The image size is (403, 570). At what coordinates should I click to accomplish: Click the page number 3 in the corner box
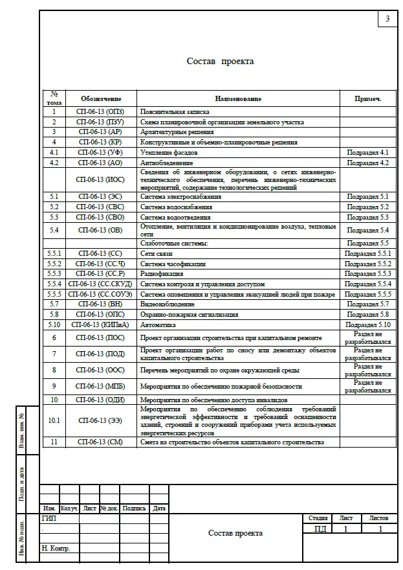[x=387, y=19]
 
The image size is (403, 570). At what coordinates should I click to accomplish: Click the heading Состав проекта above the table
[x=220, y=62]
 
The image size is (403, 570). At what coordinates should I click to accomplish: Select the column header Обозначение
[x=101, y=99]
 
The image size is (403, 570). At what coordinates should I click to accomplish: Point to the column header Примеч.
[x=367, y=99]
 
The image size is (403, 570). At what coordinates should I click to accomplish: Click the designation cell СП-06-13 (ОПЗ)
[x=101, y=112]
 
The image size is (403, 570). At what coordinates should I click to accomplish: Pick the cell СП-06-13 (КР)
[x=101, y=142]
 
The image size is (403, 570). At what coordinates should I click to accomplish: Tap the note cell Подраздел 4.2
[x=367, y=163]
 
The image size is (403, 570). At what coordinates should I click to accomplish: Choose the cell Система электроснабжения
[x=180, y=196]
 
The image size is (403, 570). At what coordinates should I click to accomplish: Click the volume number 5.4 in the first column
[x=54, y=230]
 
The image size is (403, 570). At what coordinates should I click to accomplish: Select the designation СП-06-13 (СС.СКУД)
[x=101, y=284]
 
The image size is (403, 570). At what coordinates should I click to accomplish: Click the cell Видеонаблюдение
[x=167, y=304]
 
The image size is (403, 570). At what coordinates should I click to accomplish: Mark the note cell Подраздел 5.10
[x=367, y=325]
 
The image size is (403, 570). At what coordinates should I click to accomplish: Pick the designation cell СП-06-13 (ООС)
[x=101, y=370]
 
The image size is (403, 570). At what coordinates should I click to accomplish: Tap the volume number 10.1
[x=54, y=420]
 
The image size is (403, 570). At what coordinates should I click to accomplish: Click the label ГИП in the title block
[x=49, y=519]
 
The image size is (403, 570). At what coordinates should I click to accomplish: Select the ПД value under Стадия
[x=320, y=529]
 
